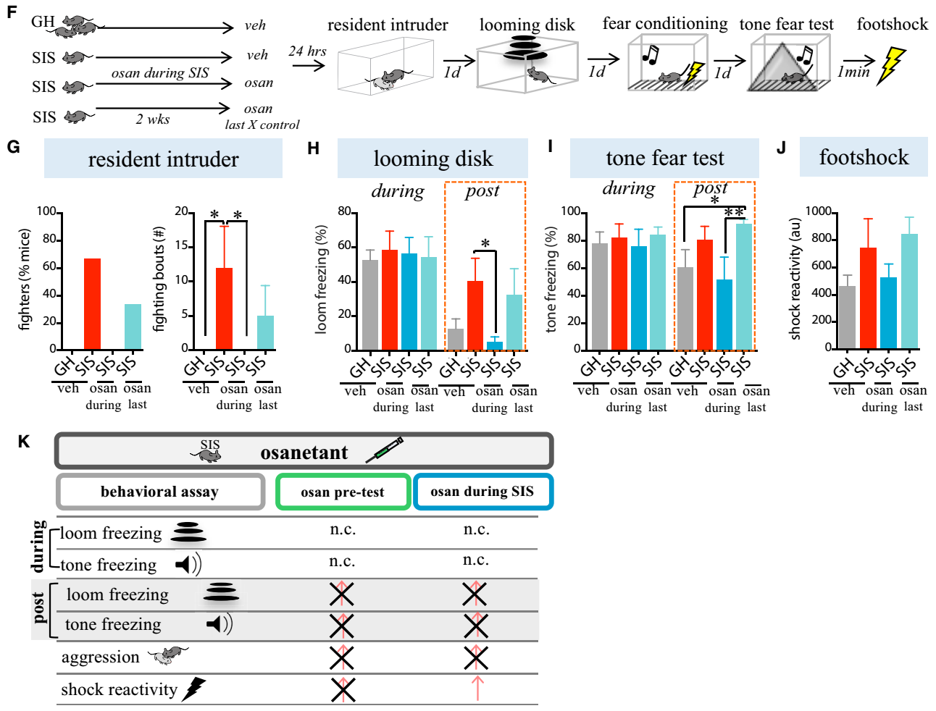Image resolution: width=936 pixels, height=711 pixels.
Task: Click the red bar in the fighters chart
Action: click(92, 303)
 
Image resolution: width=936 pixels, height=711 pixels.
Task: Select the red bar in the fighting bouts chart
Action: click(224, 308)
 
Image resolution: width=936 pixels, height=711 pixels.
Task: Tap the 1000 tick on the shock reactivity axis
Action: click(819, 211)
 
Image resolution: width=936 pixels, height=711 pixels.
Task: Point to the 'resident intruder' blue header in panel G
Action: click(163, 159)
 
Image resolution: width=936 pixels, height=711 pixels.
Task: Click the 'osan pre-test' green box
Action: click(343, 492)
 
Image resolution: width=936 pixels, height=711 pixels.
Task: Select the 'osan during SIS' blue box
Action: click(482, 492)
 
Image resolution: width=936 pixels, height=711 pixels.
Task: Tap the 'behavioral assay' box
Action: click(159, 492)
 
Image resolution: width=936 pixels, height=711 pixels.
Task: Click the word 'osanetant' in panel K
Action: click(304, 453)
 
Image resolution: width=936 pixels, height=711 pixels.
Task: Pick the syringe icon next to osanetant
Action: click(384, 450)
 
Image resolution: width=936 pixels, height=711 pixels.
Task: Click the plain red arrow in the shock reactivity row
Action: click(477, 689)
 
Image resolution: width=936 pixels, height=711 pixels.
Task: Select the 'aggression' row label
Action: click(100, 657)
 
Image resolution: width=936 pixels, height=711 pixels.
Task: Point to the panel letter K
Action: click(24, 442)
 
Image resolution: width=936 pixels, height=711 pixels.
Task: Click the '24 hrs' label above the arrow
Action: click(307, 51)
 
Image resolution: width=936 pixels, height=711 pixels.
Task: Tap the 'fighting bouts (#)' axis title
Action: click(160, 279)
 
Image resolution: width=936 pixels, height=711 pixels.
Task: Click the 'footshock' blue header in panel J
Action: click(864, 157)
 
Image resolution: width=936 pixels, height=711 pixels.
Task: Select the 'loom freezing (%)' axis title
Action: click(321, 279)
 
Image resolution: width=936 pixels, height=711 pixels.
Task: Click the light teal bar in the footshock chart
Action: click(909, 290)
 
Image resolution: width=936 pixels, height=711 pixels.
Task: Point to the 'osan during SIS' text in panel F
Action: click(160, 73)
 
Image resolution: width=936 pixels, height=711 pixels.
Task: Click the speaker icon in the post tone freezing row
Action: click(219, 623)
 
